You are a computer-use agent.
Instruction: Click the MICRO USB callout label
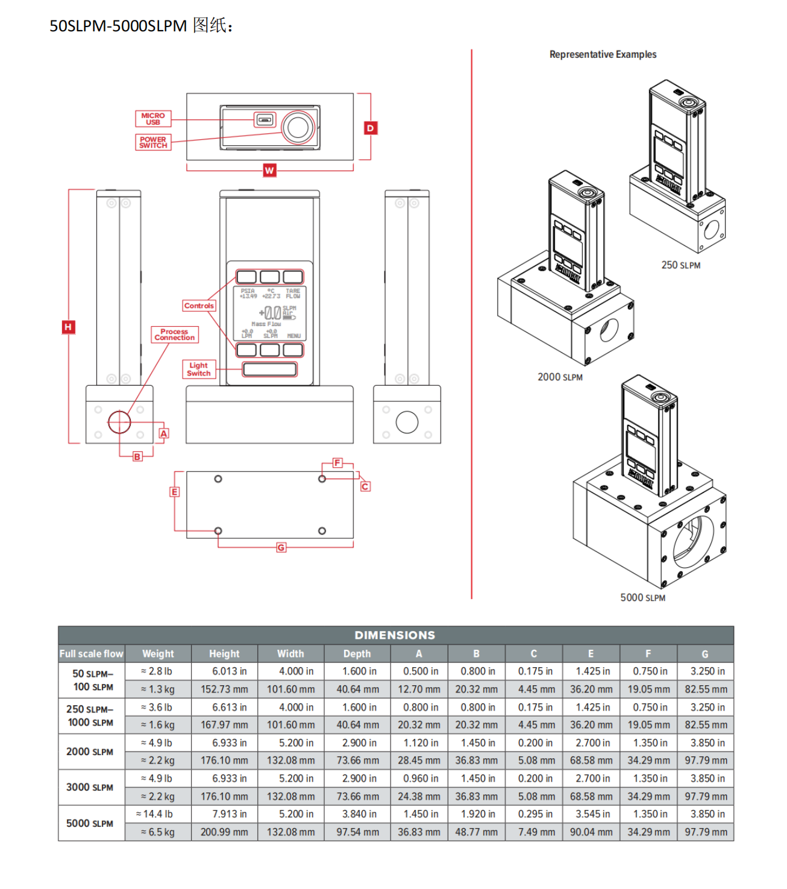coord(153,119)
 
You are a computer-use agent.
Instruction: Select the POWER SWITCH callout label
coord(153,142)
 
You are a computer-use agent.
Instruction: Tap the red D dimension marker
coord(371,128)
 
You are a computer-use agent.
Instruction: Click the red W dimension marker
coord(269,171)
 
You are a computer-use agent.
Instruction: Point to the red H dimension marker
coord(68,327)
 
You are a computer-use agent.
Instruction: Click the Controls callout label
coord(199,306)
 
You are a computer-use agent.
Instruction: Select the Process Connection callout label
coord(174,335)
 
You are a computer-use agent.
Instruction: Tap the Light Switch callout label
coord(198,369)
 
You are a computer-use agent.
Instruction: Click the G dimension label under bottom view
coord(281,547)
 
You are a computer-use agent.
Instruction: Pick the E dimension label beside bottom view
coord(174,492)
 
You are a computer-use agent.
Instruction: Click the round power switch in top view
coord(298,127)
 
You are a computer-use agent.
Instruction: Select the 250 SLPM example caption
coord(681,265)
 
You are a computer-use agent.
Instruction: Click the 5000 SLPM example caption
coord(642,597)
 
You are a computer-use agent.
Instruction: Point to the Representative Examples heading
coord(603,54)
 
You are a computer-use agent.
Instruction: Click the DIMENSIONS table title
coord(395,635)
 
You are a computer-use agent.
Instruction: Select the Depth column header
coord(357,653)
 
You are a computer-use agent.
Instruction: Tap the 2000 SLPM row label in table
coord(90,752)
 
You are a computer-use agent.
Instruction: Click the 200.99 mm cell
coord(224,832)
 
